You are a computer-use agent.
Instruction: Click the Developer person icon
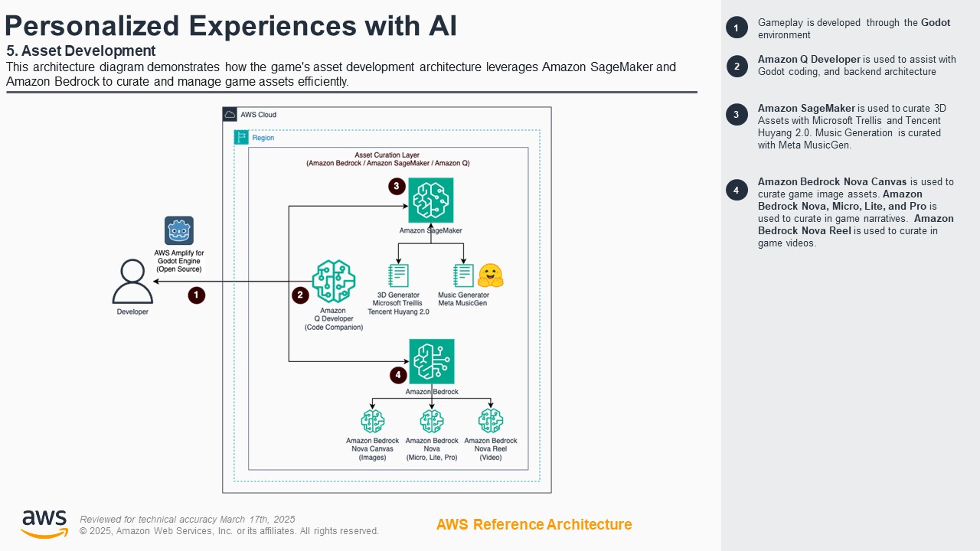pyautogui.click(x=132, y=282)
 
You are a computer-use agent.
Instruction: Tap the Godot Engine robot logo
pyautogui.click(x=179, y=230)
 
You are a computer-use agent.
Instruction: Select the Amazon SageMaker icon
pyautogui.click(x=430, y=200)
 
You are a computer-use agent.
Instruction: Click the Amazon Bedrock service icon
pyautogui.click(x=432, y=361)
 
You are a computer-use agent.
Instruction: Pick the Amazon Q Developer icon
pyautogui.click(x=334, y=282)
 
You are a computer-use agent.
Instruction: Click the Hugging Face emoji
pyautogui.click(x=490, y=275)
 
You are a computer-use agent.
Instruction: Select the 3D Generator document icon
pyautogui.click(x=398, y=275)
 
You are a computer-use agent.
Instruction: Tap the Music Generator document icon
pyautogui.click(x=463, y=275)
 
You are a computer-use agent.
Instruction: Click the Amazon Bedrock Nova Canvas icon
pyautogui.click(x=372, y=421)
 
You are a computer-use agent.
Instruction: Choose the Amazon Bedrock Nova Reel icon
pyautogui.click(x=491, y=421)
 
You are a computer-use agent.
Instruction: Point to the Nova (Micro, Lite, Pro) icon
pyautogui.click(x=432, y=421)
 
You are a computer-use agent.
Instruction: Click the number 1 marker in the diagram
pyautogui.click(x=197, y=295)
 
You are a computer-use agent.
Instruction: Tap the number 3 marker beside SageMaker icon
pyautogui.click(x=396, y=186)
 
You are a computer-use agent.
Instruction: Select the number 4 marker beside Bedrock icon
pyautogui.click(x=398, y=375)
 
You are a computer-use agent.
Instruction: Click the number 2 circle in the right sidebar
pyautogui.click(x=737, y=67)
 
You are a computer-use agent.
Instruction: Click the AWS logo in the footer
pyautogui.click(x=44, y=524)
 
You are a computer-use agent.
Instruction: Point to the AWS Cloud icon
pyautogui.click(x=230, y=115)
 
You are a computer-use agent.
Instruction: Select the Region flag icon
pyautogui.click(x=241, y=138)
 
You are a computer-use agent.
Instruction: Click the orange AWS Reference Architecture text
pyautogui.click(x=534, y=525)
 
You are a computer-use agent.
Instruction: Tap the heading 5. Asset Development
pyautogui.click(x=81, y=51)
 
